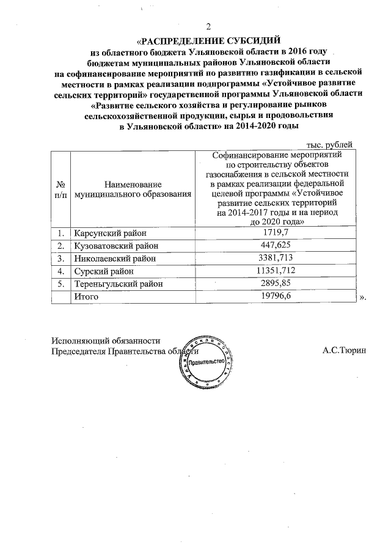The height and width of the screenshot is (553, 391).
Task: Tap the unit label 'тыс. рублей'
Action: click(x=329, y=144)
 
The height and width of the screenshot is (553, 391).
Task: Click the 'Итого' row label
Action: click(x=86, y=296)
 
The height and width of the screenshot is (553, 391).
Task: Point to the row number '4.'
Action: click(x=60, y=271)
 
